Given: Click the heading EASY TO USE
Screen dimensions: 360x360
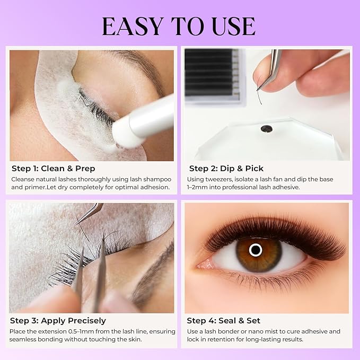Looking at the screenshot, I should point(179,25).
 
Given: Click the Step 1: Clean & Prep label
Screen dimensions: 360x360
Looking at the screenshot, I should point(54,169).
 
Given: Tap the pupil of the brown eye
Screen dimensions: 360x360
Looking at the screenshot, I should point(256,250).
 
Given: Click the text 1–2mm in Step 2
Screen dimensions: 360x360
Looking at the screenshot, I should point(198,187).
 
